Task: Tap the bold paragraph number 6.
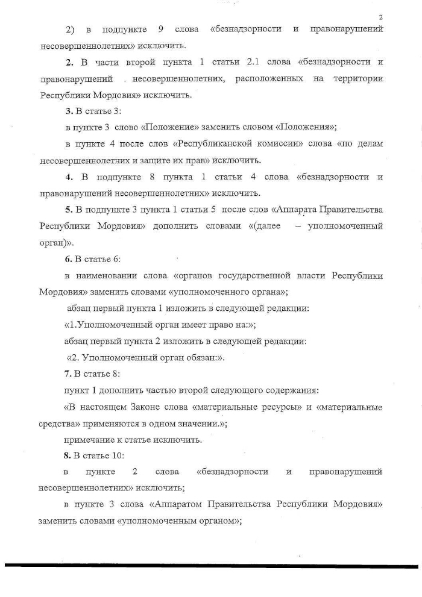pyautogui.click(x=68, y=258)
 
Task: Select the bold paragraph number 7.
pyautogui.click(x=68, y=374)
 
